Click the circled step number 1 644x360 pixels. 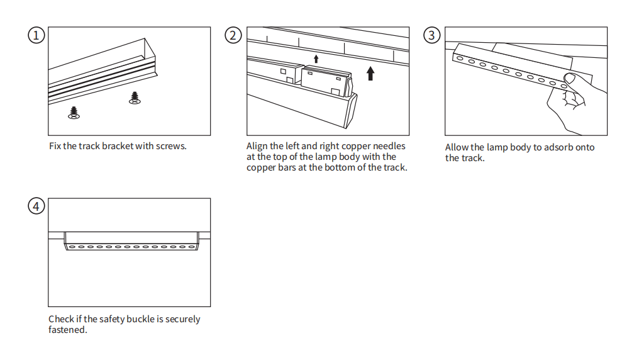point(36,35)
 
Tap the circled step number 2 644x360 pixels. point(233,35)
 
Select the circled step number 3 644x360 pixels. point(431,35)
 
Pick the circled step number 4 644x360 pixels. point(36,206)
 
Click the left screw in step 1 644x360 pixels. point(74,113)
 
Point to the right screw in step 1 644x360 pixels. point(134,98)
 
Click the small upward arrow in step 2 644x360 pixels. point(316,59)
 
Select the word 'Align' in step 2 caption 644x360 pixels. point(257,146)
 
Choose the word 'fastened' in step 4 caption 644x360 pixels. point(66,329)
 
